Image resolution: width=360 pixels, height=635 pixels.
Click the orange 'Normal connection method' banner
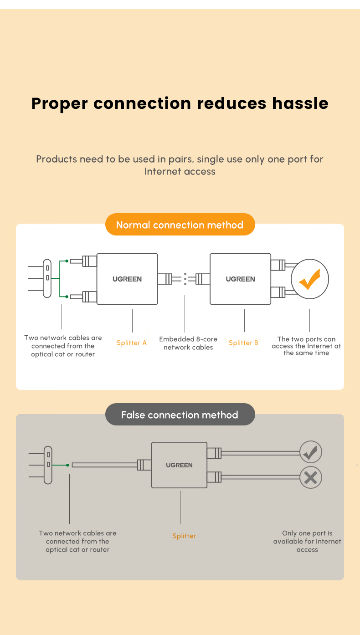click(180, 225)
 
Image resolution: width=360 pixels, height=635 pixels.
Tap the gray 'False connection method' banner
click(180, 415)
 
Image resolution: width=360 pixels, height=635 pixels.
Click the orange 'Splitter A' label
click(132, 343)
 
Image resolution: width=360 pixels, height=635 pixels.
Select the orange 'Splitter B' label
click(243, 343)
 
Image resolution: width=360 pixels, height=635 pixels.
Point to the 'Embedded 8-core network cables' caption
click(188, 343)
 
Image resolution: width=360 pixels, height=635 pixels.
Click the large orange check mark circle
click(310, 279)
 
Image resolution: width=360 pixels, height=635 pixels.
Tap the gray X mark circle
click(311, 478)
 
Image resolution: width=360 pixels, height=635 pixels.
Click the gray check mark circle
click(311, 452)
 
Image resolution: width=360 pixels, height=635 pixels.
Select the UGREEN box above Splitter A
click(127, 279)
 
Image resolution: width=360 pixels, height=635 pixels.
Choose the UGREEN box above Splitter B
click(240, 279)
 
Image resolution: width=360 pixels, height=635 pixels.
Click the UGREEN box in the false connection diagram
click(179, 465)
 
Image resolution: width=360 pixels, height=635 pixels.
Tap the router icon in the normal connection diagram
click(47, 278)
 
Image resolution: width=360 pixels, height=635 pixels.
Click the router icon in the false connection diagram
click(48, 465)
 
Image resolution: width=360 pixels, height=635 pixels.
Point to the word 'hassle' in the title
click(300, 103)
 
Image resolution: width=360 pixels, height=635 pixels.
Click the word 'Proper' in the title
click(60, 104)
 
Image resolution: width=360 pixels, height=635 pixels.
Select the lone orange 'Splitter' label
click(184, 536)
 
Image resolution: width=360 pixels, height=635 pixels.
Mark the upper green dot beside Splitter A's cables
click(67, 261)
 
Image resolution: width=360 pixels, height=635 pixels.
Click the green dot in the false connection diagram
click(67, 465)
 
